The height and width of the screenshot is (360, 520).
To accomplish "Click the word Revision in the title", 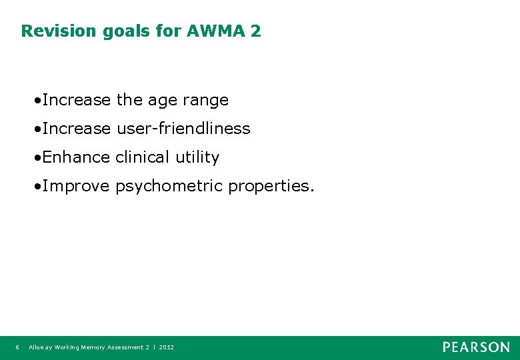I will point(59,31).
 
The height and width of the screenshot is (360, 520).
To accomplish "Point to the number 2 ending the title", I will point(256,31).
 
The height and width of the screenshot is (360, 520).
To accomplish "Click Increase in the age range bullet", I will point(76,100).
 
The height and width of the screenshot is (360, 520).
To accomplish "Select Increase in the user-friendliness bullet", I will point(76,129).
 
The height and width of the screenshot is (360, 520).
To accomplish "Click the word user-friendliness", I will point(183,129).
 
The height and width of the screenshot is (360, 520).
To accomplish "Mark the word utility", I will point(197,157).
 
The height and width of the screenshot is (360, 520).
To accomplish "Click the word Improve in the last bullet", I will point(75,186).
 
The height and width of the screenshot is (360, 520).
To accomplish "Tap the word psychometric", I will point(169,186).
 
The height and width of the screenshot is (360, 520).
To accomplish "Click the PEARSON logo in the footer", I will point(476,347).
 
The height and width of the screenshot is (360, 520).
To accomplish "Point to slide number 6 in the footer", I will point(17,347).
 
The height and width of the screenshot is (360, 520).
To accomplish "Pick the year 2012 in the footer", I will point(166,347).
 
